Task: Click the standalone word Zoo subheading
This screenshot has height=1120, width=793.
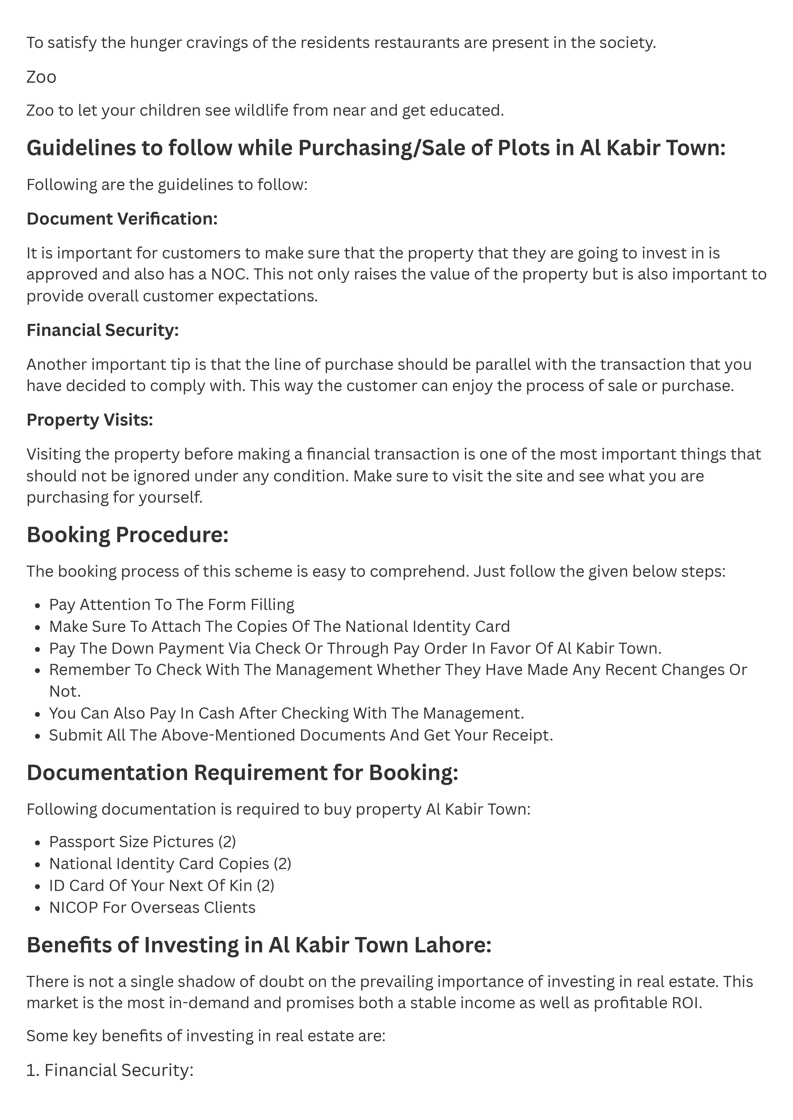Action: [42, 77]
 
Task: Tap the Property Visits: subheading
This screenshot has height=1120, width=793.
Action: [90, 420]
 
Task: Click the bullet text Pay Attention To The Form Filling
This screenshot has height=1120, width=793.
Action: [171, 605]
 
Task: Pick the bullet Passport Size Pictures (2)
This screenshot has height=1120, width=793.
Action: [142, 842]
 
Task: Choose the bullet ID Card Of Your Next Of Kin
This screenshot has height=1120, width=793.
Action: [161, 885]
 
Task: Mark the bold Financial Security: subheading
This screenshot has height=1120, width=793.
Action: [103, 330]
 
